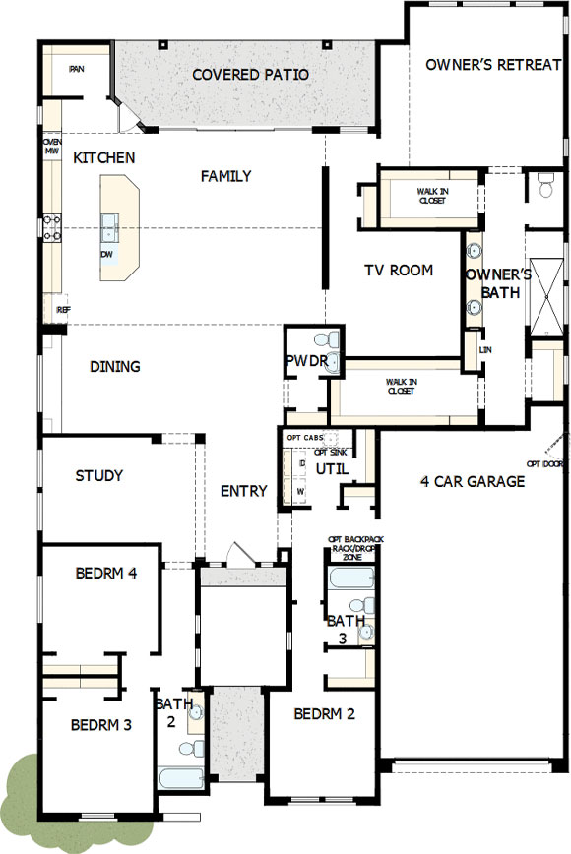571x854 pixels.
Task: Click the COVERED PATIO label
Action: coord(250,75)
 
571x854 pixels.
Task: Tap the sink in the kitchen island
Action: coord(109,228)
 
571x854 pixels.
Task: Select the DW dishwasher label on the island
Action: coord(105,254)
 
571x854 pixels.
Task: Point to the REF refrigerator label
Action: coord(63,310)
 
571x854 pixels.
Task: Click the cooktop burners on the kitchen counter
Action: coord(51,228)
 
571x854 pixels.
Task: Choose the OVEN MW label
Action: coord(52,147)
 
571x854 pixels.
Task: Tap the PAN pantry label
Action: coord(76,69)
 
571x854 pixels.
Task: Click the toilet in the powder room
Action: coord(333,341)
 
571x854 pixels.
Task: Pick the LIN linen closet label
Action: coord(484,349)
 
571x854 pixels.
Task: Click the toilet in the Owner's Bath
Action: coord(546,183)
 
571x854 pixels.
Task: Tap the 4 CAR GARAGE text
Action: coord(473,481)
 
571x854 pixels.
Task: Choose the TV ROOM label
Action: coord(399,271)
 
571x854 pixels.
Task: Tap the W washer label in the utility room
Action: coord(300,489)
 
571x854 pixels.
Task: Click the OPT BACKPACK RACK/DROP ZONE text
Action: coord(351,548)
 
